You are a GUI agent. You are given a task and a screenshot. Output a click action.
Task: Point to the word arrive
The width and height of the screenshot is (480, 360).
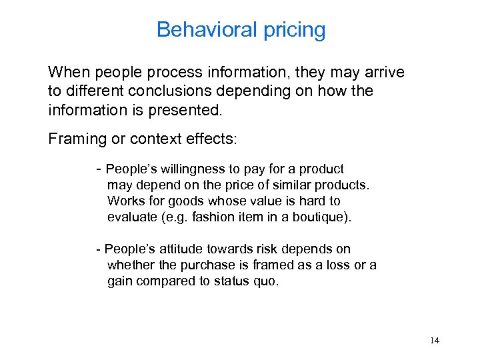tap(382, 72)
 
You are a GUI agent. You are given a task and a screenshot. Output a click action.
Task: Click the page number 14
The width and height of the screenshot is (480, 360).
tap(435, 341)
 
